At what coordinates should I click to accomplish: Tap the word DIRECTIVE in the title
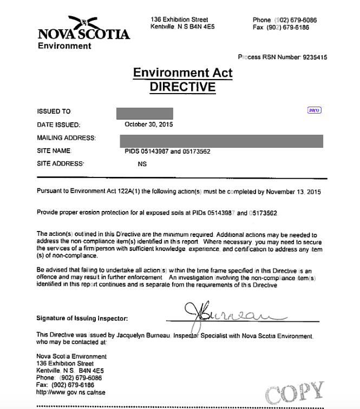[x=182, y=87]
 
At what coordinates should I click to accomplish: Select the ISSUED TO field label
[x=54, y=111]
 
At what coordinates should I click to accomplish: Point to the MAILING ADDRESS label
[x=66, y=138]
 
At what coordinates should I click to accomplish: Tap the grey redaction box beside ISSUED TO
[x=145, y=113]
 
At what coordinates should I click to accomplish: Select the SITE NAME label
[x=54, y=151]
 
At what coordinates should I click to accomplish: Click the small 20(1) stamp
[x=315, y=110]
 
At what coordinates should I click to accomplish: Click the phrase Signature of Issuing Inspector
[x=82, y=318]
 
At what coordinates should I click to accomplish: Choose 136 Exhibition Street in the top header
[x=179, y=20]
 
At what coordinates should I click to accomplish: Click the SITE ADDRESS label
[x=61, y=163]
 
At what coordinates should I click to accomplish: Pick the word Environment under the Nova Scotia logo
[x=64, y=46]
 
